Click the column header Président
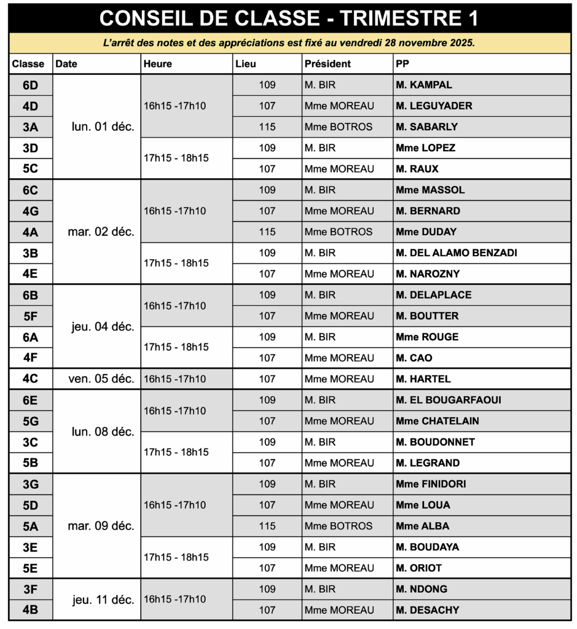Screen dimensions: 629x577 coord(328,64)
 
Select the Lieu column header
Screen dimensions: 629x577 coord(246,64)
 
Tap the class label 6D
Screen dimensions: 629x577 coord(30,85)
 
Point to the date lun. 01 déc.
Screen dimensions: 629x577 coord(103,127)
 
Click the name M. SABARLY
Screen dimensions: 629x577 coord(427,127)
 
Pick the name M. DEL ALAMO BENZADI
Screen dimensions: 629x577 coord(457,253)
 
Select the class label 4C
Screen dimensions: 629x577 coord(30,379)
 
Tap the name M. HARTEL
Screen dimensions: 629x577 coord(423,379)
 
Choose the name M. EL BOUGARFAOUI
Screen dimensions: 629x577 coord(449,400)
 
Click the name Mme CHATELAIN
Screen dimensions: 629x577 coord(438,421)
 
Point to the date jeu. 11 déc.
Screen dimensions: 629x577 coord(103,600)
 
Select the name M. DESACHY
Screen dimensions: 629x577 coord(428,610)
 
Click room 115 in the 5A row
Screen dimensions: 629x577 coord(267,526)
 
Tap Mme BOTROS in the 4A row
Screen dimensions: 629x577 coord(339,232)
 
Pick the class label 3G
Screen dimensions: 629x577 coord(30,485)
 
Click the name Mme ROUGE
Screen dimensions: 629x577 coord(427,337)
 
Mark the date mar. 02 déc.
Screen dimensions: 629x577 coord(101,232)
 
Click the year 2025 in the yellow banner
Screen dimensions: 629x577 coord(462,43)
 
